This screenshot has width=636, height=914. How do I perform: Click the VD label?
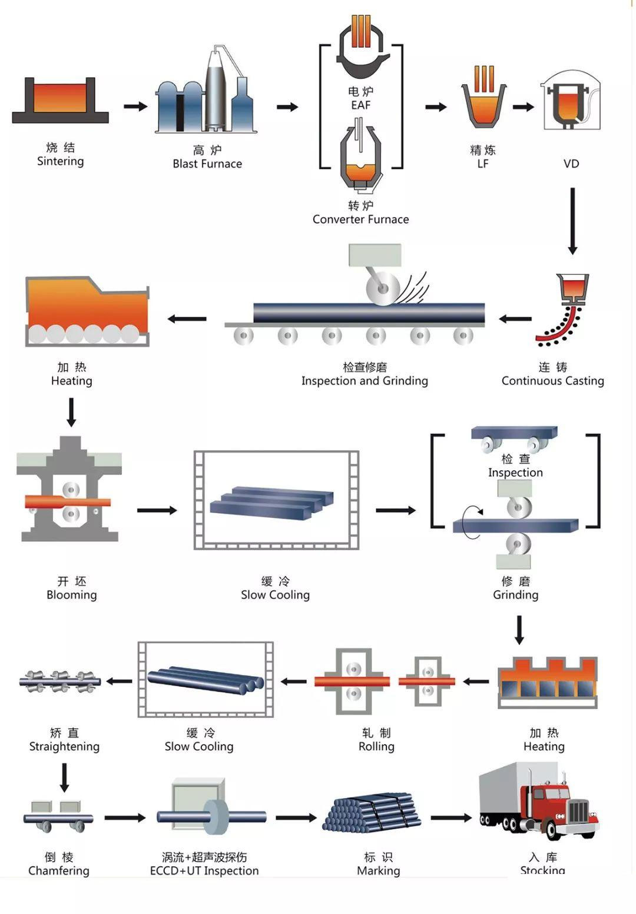pyautogui.click(x=571, y=164)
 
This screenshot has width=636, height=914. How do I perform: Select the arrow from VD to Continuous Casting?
pyautogui.click(x=572, y=220)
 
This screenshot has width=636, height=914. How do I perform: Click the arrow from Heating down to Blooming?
pyautogui.click(x=71, y=412)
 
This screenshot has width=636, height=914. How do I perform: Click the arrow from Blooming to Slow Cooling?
pyautogui.click(x=157, y=510)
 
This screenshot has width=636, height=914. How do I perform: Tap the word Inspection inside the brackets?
pyautogui.click(x=515, y=472)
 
